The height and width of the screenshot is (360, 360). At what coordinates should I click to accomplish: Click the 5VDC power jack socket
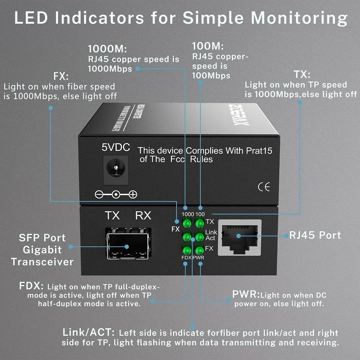coord(116,167)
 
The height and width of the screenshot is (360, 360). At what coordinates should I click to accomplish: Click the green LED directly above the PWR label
coord(199,249)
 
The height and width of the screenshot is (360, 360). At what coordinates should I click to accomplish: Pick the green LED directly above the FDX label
coord(187,249)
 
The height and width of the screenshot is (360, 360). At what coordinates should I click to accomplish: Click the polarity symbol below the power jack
coord(116,195)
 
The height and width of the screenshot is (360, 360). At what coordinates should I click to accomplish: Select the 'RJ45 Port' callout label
coord(315,235)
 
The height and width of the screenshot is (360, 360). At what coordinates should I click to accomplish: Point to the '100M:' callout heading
coord(208,46)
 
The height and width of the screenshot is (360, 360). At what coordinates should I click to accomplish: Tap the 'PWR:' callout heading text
coord(246,294)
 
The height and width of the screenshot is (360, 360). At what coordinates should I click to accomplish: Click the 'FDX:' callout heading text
coord(32,287)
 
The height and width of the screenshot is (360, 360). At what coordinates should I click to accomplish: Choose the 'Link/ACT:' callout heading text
coord(89,332)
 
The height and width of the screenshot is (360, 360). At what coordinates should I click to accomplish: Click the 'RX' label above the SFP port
coord(143,216)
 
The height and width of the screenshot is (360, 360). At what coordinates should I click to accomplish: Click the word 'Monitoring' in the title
coord(300,18)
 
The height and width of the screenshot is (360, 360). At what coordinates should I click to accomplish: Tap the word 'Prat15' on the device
coord(259,151)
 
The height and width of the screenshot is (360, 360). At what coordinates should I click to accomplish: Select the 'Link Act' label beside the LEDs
coord(211,235)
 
